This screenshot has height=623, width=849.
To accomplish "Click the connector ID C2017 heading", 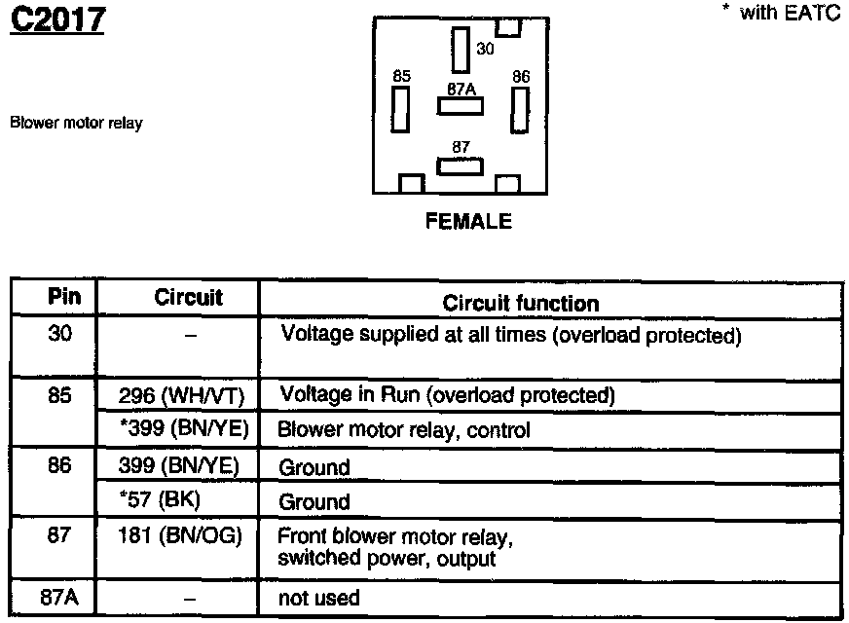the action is coord(56,19).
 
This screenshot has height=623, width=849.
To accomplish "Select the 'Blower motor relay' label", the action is coord(76,124).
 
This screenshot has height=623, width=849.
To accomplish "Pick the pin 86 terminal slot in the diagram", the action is coord(520,109).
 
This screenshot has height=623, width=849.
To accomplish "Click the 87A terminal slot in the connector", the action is coord(461,105).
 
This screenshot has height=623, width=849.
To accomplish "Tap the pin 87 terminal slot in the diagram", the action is coord(461,166).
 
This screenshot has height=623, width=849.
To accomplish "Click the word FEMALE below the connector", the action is coord(468,222).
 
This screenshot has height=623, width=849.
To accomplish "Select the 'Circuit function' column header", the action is coord(521,303).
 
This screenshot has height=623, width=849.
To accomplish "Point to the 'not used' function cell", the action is coord(319,597).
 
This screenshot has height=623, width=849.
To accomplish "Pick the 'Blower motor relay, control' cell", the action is coord(404,429).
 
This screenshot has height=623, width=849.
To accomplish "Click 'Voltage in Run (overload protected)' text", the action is coord(448,396).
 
